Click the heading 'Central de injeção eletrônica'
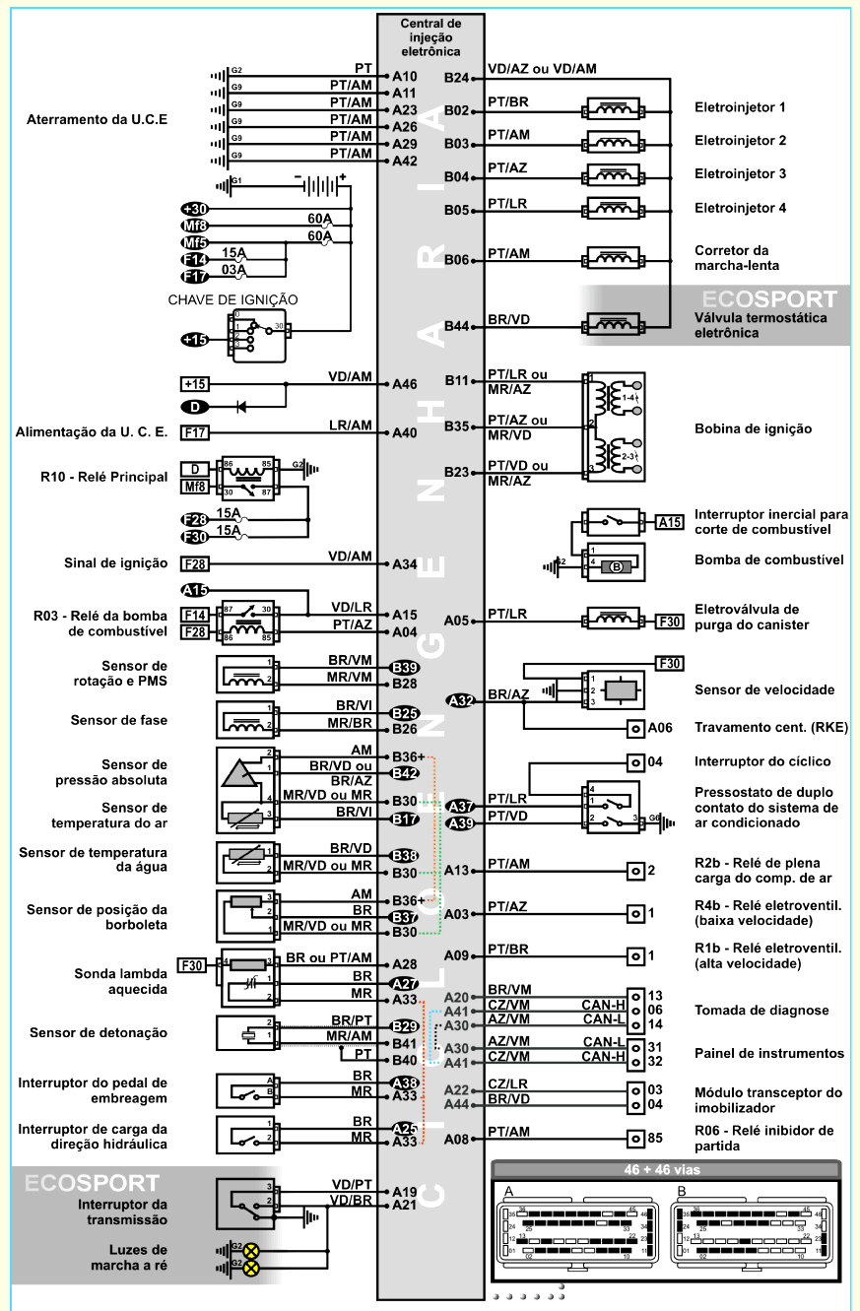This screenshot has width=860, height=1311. tap(430, 36)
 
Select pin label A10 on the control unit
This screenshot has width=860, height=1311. tap(404, 76)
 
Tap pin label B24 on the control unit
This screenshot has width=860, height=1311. tap(456, 77)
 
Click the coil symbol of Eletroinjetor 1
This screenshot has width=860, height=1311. tap(615, 109)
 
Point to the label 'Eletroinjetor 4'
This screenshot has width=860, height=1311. tap(740, 208)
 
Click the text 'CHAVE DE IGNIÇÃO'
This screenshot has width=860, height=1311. tap(233, 299)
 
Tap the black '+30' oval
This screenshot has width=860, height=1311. tap(195, 209)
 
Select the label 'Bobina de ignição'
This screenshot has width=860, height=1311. tap(754, 429)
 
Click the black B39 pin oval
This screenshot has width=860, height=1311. tap(405, 667)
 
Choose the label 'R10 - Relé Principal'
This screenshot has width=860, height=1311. tap(104, 477)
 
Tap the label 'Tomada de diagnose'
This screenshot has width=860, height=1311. tap(761, 1011)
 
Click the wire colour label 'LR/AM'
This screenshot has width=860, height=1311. tap(350, 426)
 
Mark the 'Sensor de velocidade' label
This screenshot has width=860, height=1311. tap(764, 689)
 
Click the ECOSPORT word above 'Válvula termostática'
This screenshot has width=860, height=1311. tap(770, 299)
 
